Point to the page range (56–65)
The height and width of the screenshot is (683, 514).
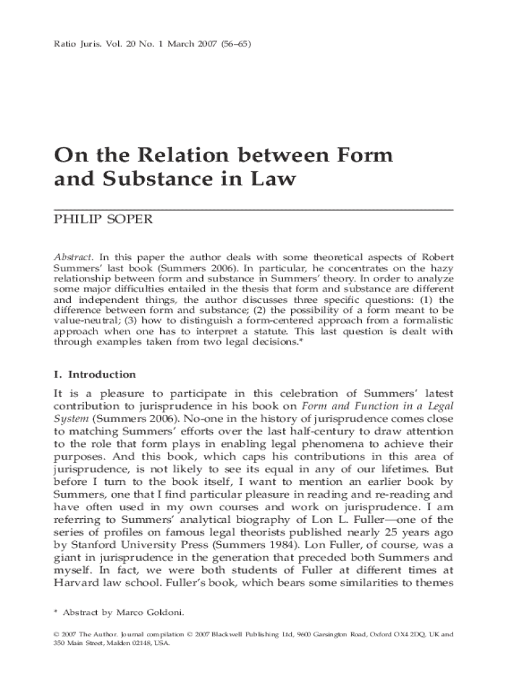(232, 45)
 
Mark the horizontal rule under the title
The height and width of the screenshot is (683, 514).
(254, 209)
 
